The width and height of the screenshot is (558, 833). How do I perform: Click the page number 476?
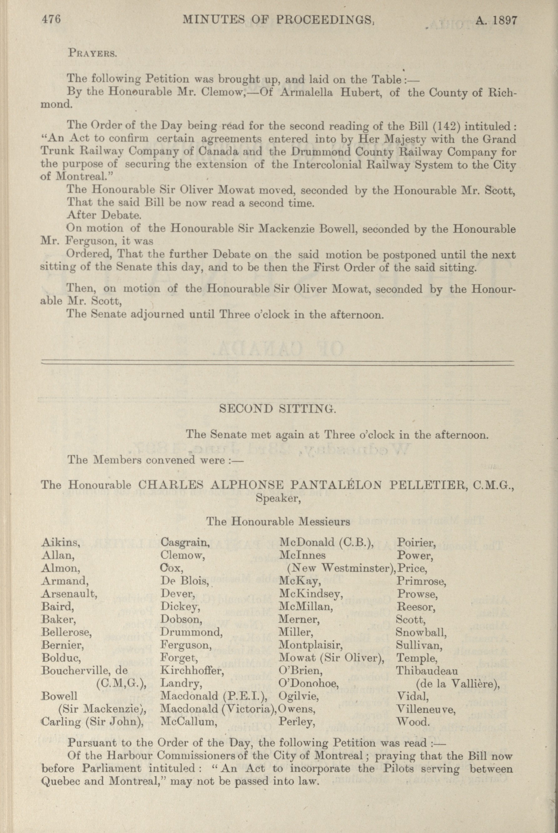51,20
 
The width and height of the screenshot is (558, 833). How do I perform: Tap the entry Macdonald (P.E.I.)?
214,696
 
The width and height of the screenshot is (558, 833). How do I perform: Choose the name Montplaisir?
311,645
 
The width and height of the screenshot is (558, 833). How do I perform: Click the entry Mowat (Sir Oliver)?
332,658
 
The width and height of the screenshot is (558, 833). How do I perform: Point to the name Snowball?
421,632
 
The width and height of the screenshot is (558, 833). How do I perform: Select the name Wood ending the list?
413,722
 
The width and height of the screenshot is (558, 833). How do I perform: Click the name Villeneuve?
426,709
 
